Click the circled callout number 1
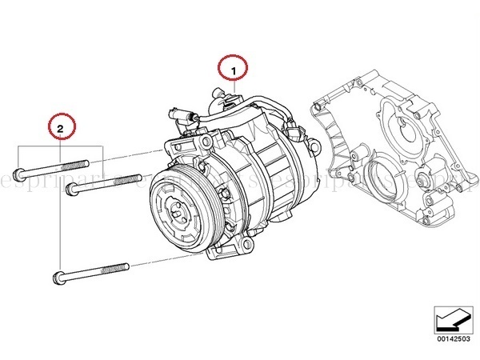click(x=234, y=71)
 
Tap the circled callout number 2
click(x=62, y=126)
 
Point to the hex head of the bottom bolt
click(x=58, y=278)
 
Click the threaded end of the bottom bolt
click(x=117, y=265)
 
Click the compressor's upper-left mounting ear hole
click(x=173, y=146)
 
